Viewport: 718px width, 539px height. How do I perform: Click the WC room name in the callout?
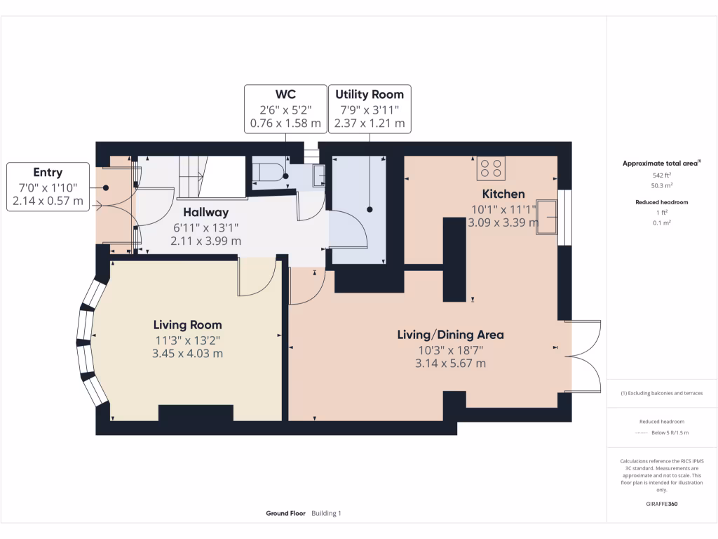pos(285,95)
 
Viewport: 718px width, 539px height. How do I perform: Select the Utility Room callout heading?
pos(370,95)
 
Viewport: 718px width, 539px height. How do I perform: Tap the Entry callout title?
pos(48,173)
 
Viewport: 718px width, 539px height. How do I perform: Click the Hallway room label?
pos(206,212)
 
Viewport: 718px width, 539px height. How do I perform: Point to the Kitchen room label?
pos(503,194)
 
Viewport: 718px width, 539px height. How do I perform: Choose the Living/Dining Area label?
pos(450,334)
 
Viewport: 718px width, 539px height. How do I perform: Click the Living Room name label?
pos(187,325)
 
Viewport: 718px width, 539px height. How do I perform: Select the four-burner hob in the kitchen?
pos(490,168)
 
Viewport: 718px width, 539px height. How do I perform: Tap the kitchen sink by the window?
pos(547,217)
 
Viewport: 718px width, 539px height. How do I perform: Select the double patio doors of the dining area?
pos(584,357)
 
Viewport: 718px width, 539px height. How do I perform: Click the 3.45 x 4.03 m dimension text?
pos(187,354)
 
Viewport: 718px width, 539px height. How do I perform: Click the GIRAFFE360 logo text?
pos(662,504)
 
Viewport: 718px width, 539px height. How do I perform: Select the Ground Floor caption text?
pos(285,514)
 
